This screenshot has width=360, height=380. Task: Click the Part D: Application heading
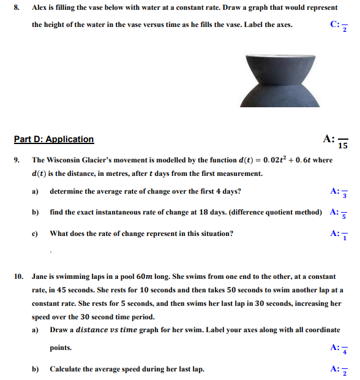click(x=54, y=139)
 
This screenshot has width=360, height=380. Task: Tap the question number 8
click(x=17, y=8)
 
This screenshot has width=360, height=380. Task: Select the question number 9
click(x=17, y=160)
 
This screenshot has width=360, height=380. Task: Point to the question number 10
click(x=18, y=276)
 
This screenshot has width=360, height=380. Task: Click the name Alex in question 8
click(x=40, y=8)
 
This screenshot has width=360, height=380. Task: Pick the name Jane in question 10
click(x=40, y=276)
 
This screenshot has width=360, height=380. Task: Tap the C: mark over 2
click(x=339, y=26)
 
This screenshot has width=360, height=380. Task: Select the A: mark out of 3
click(x=339, y=192)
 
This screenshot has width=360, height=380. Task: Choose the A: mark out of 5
click(x=339, y=213)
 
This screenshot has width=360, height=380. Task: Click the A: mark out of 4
click(x=339, y=349)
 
